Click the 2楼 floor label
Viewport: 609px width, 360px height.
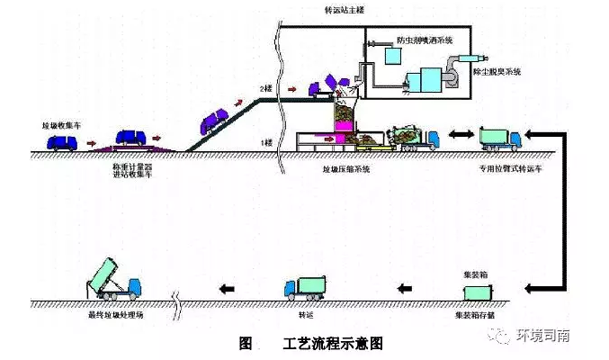click(x=265, y=88)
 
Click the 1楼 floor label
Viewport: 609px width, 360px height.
click(x=265, y=142)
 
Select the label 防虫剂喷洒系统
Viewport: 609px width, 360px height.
click(x=425, y=40)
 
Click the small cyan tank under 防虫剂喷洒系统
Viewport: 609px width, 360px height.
click(x=392, y=57)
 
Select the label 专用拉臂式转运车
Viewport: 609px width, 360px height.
click(x=501, y=168)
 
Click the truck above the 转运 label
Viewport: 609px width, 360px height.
click(x=303, y=288)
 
